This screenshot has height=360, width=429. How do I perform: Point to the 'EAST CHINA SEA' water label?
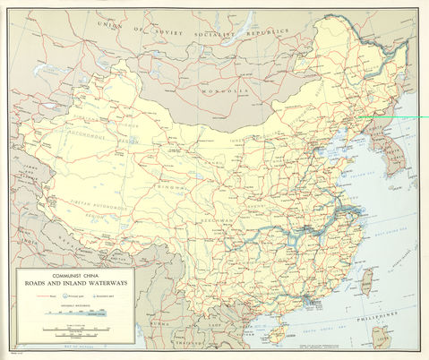394,235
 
